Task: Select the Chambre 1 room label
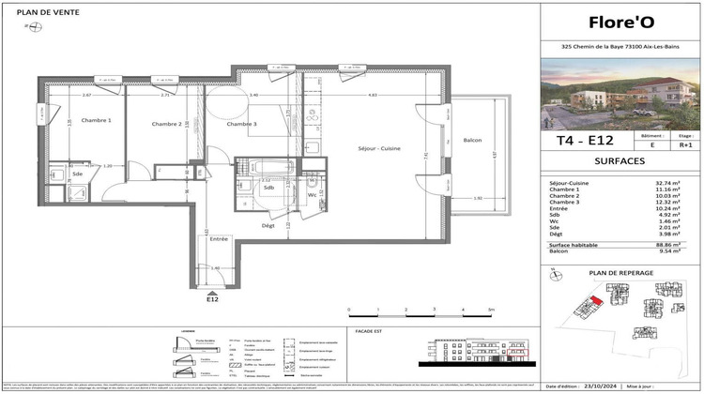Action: (96, 120)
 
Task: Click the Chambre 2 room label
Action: (166, 124)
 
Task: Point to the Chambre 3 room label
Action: (241, 124)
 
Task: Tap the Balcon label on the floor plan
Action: (472, 141)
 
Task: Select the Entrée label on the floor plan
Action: (219, 239)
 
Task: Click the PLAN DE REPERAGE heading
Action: (620, 273)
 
